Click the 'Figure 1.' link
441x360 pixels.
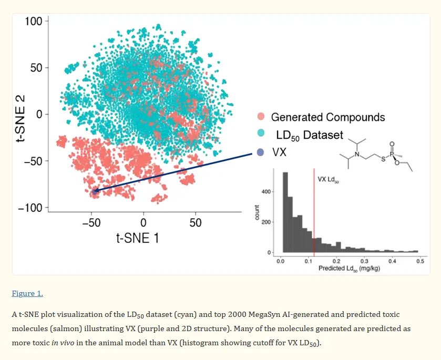27,293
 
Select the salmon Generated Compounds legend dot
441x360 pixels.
260,117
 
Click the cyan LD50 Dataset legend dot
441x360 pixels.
260,135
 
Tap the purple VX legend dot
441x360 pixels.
260,152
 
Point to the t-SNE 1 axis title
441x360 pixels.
137,238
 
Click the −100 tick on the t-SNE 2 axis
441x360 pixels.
30,208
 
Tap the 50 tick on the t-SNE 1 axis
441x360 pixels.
196,222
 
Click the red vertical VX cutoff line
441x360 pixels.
314,210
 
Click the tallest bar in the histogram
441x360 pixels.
285,213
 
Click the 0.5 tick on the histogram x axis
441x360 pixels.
419,261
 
